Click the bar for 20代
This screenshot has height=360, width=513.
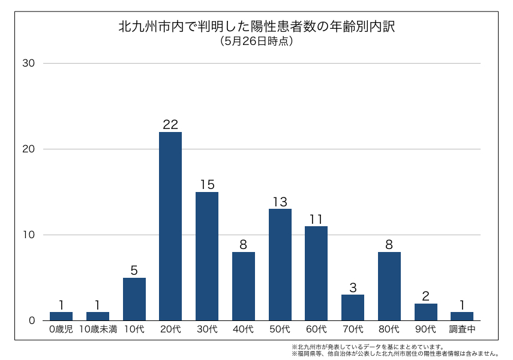pos(170,226)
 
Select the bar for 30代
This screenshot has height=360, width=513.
pos(207,256)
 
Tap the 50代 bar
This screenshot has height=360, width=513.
pos(280,265)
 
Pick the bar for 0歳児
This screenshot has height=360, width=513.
pos(61,316)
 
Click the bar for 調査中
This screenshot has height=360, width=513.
pos(462,316)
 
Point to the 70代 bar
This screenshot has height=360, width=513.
pos(353,307)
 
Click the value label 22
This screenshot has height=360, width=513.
pos(170,125)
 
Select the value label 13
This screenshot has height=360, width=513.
pos(280,202)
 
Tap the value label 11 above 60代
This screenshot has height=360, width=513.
pos(316,219)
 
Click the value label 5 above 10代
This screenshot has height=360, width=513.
pos(134,270)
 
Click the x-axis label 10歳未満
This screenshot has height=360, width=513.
pos(98,329)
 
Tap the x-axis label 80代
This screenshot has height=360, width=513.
pos(389,329)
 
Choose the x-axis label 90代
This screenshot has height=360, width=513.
pos(426,329)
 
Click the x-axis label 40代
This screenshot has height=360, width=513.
pos(244,329)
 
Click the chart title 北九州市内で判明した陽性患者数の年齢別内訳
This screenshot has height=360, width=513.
pos(256,27)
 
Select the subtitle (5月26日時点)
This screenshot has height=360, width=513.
pos(256,41)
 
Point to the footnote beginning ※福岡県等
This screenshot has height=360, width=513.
pos(395,353)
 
